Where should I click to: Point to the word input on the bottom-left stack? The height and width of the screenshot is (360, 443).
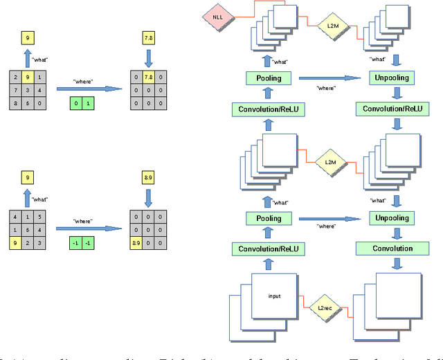pos(274,296)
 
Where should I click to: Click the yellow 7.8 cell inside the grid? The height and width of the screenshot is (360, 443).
pos(147,77)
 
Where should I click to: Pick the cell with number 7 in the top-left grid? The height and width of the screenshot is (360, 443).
pos(16,91)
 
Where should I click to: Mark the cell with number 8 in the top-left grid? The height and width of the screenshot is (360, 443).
pos(16,104)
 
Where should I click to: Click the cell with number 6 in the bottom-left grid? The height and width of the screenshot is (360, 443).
pos(29,229)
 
